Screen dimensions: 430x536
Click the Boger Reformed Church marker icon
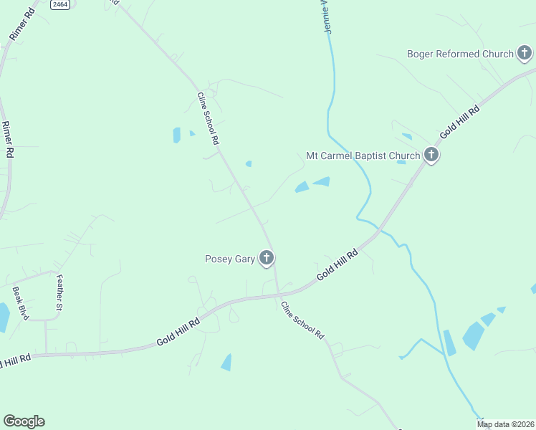(x=525, y=53)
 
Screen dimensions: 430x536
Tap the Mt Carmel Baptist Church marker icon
(x=431, y=154)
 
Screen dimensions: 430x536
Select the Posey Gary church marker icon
(x=267, y=258)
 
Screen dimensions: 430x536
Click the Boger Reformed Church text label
(x=460, y=54)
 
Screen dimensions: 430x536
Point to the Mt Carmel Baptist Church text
(x=363, y=156)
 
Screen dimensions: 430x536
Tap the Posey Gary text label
(x=230, y=259)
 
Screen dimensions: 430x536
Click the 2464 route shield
(x=60, y=4)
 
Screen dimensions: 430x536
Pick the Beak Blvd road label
(x=20, y=303)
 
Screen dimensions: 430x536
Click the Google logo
(x=24, y=421)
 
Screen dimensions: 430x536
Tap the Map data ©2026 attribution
(x=505, y=424)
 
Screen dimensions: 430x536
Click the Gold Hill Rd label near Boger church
(x=459, y=120)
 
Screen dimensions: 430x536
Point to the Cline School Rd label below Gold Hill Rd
(x=303, y=320)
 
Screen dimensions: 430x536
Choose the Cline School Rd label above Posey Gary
(x=207, y=119)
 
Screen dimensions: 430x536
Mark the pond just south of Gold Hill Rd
(x=226, y=363)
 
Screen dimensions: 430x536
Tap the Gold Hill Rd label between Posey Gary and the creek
(x=337, y=267)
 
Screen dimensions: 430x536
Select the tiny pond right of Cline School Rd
(x=249, y=164)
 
